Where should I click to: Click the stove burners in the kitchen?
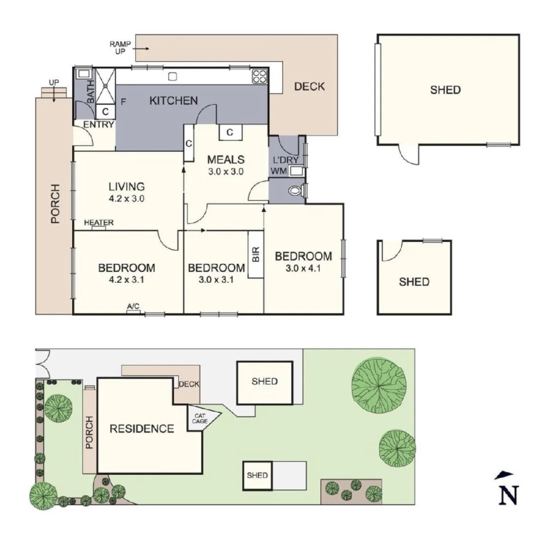click(259, 76)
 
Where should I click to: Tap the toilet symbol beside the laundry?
click(296, 190)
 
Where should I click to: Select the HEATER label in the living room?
click(98, 223)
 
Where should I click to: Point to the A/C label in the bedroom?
click(133, 306)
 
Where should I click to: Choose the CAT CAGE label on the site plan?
click(198, 418)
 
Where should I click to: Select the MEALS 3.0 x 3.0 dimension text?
click(226, 171)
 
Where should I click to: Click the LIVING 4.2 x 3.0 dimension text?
click(126, 198)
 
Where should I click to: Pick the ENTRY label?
click(98, 124)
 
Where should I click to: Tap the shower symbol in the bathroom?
click(105, 85)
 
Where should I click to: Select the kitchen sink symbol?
click(173, 76)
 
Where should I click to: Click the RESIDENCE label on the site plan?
click(142, 428)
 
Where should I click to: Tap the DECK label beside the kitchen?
click(309, 86)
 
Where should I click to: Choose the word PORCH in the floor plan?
click(54, 204)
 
